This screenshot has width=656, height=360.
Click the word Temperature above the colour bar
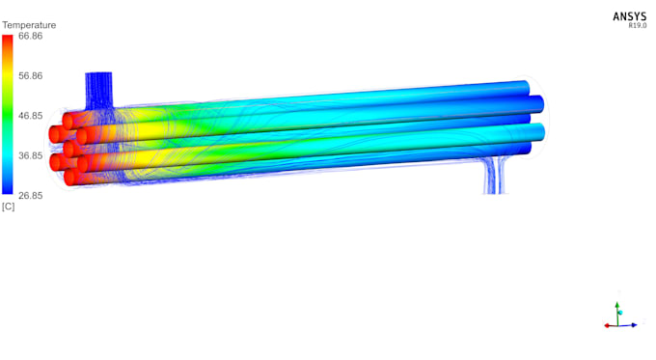29,25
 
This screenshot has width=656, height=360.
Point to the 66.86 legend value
30,36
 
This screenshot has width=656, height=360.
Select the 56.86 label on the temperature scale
30,75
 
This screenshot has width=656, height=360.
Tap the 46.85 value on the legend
30,116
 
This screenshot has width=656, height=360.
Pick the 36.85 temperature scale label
30,155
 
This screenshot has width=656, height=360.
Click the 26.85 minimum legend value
30,195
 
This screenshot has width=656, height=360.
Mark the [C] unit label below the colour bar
8,207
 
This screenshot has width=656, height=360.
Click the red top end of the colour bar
8,40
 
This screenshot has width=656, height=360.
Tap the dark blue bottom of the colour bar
8,190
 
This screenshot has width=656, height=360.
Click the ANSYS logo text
630,16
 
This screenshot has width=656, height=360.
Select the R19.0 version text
638,26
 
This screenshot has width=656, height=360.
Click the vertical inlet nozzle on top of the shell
99,88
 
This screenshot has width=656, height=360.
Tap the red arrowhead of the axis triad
607,326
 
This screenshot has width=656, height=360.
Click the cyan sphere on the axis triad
620,314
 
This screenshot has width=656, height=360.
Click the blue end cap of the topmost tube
524,87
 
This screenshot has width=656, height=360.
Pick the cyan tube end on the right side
538,132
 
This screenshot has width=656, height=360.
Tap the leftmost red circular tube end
56,162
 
